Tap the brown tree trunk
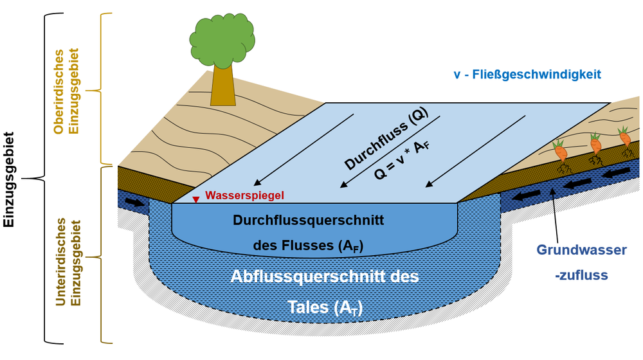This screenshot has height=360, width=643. [222, 87]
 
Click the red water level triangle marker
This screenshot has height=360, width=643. [196, 199]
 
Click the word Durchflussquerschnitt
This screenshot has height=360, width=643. [308, 221]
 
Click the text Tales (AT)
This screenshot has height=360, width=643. [325, 308]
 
